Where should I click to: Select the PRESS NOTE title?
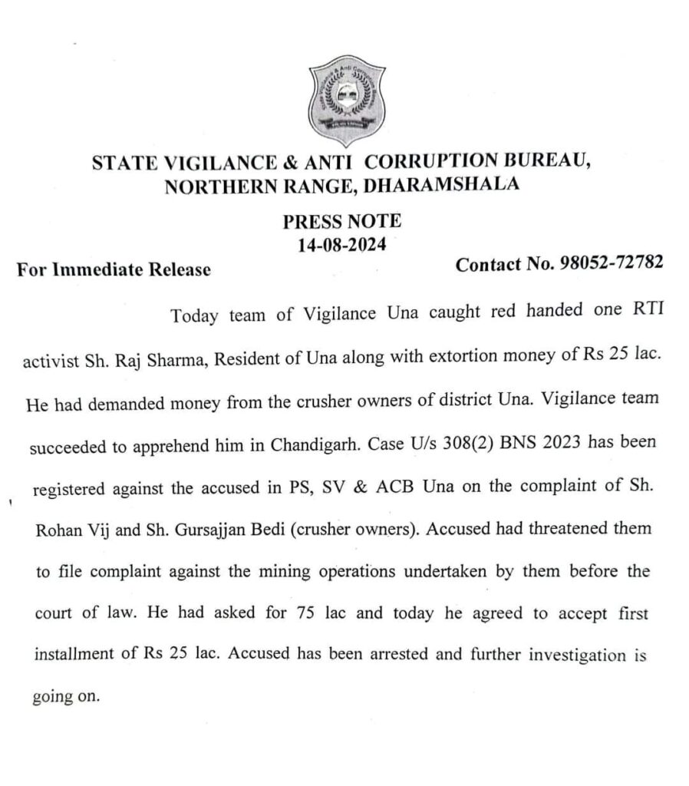coord(342,222)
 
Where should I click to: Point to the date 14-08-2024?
coord(341,246)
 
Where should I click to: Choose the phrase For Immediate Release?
coord(114,269)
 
